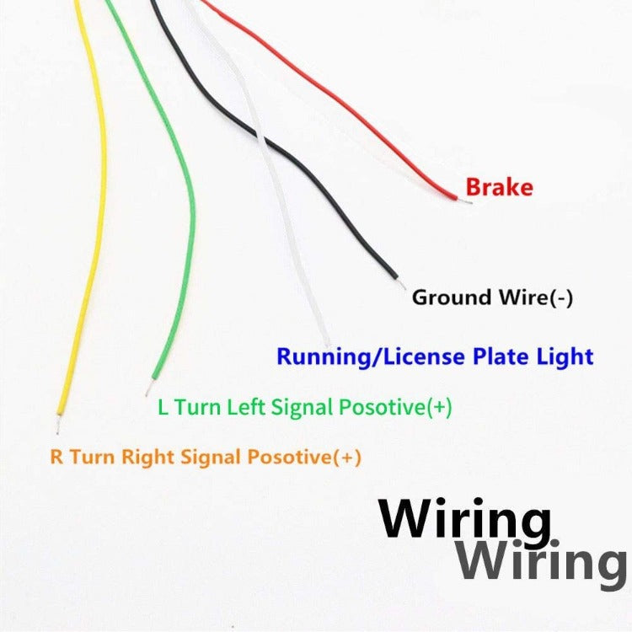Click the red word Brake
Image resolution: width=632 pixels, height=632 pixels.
[500, 187]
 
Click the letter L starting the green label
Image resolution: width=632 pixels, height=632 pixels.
[163, 408]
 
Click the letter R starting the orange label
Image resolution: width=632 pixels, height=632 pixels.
[56, 458]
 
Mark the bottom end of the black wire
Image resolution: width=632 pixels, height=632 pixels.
[394, 275]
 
